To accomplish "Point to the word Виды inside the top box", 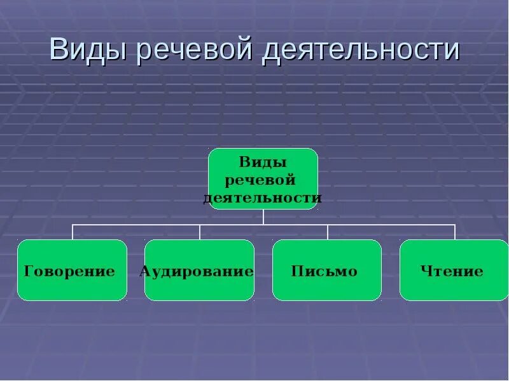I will point(263,163).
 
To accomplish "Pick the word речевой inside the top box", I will point(261,180).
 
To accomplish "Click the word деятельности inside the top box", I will point(263,198).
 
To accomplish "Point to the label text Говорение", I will point(69,272).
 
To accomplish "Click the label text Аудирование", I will point(197,272).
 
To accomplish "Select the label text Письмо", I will point(324,272).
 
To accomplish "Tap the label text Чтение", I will point(452,272).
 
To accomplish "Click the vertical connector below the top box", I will point(263,217).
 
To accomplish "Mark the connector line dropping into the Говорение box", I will point(73,232).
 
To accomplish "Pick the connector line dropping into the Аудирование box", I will point(200,232).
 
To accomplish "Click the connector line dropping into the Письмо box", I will point(328,232).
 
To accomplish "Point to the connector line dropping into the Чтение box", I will point(455,232).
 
